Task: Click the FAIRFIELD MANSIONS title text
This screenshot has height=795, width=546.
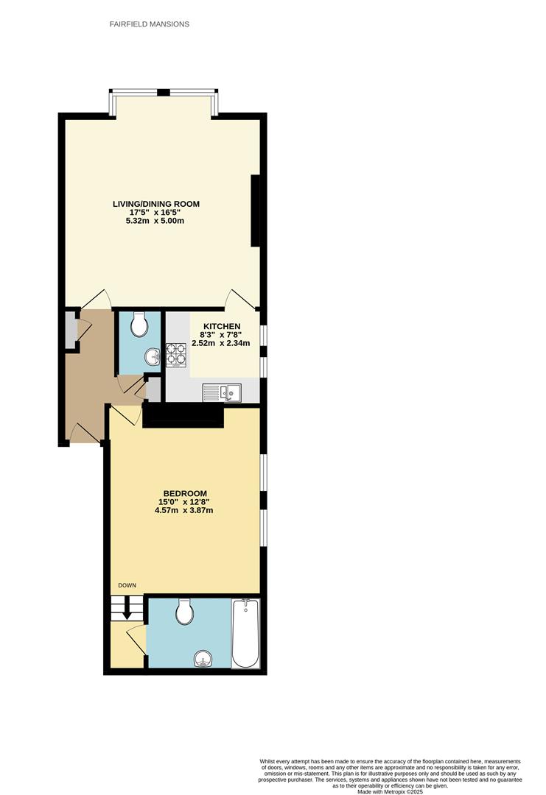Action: (x=150, y=24)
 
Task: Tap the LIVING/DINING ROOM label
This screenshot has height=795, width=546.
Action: (x=155, y=204)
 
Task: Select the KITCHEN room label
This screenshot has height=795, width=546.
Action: (x=222, y=326)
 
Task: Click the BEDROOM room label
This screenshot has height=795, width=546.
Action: (x=184, y=494)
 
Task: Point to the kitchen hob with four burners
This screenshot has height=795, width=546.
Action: (x=176, y=355)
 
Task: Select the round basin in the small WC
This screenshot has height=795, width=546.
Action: (x=153, y=357)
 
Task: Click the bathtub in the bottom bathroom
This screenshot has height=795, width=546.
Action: (x=245, y=634)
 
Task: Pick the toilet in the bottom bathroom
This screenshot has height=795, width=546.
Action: (x=184, y=610)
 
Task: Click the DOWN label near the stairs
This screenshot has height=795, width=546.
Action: (x=127, y=585)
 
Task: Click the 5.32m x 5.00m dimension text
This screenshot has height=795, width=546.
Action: (x=155, y=221)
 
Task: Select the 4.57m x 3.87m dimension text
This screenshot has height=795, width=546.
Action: (x=184, y=511)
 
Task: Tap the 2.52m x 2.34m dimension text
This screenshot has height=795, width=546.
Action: (x=221, y=343)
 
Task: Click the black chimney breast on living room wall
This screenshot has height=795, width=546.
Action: (x=256, y=211)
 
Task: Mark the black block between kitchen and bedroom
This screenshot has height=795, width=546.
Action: (x=183, y=416)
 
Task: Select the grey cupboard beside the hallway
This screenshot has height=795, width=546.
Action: (x=70, y=331)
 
